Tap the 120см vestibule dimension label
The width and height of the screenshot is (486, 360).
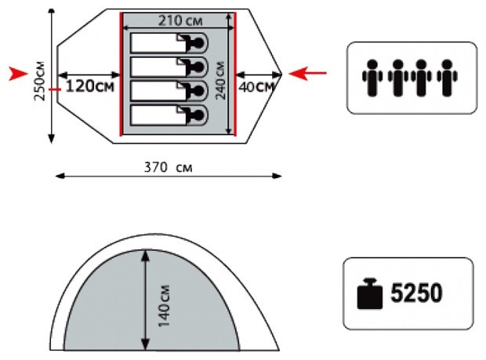coord(89,85)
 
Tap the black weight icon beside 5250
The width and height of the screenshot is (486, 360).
coord(369,294)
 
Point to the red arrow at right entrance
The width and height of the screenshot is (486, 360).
coord(307,74)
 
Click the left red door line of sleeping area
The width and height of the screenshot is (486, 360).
coord(121,75)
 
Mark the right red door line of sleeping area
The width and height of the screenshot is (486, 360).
coord(235,75)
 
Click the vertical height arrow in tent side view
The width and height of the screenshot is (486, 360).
coord(146,301)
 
